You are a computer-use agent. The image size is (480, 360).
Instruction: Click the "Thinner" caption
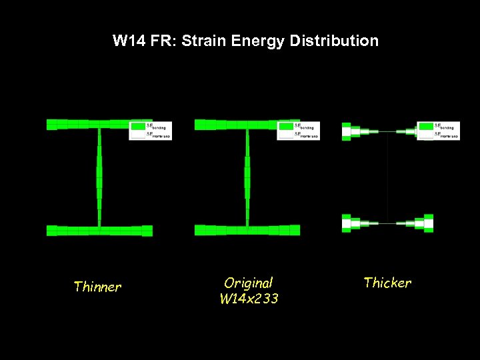[x=97, y=287]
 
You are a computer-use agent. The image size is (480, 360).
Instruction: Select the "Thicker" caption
[x=387, y=283]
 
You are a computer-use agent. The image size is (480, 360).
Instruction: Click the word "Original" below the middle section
[x=249, y=283]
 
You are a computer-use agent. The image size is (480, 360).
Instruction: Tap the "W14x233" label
[x=249, y=299]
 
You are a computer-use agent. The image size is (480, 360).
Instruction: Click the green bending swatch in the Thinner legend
[x=138, y=126]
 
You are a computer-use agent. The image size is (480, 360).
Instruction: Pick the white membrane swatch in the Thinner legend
[x=138, y=135]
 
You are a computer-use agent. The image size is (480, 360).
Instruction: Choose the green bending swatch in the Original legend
[x=286, y=126]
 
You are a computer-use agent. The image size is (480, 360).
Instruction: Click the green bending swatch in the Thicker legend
[x=425, y=126]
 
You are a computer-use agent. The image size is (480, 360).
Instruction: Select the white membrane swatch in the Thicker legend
[x=425, y=135]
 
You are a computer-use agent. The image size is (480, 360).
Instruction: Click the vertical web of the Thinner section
[x=99, y=177]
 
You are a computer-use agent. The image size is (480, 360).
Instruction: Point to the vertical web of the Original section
[x=247, y=177]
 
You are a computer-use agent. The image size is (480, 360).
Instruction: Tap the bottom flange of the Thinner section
[x=99, y=231]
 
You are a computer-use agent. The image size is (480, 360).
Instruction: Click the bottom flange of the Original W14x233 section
[x=247, y=230]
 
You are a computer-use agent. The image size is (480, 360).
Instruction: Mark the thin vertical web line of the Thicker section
[x=387, y=177]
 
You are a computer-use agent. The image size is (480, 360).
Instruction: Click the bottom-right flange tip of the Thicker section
[x=428, y=223]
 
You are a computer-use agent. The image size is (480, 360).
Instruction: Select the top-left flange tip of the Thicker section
[x=347, y=131]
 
